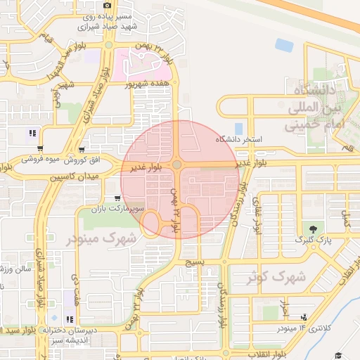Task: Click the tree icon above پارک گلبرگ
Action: click(x=312, y=229)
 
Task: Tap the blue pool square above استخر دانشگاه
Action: click(x=238, y=129)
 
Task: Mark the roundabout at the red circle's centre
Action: click(x=177, y=165)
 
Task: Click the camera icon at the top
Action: click(x=107, y=6)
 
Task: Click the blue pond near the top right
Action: click(x=284, y=45)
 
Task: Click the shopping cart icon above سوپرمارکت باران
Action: click(x=117, y=199)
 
